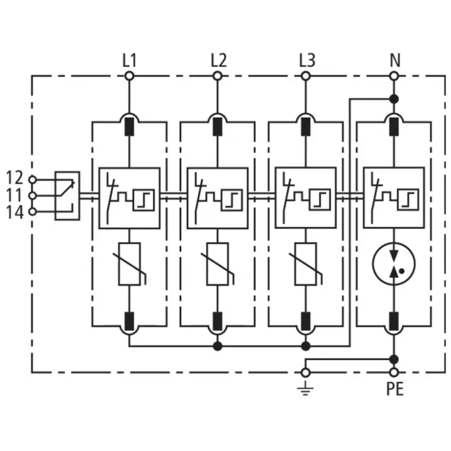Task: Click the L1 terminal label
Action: click(129, 60)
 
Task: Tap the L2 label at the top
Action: click(219, 60)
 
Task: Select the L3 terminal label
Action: click(307, 60)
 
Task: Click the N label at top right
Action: click(395, 60)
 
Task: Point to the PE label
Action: click(395, 389)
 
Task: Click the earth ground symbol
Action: click(306, 389)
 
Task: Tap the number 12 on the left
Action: click(14, 178)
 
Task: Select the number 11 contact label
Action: click(14, 195)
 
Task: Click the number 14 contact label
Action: click(14, 213)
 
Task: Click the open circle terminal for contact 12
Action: click(33, 180)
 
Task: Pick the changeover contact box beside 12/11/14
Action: click(67, 196)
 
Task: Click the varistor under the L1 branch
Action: click(129, 264)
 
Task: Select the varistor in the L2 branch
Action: click(218, 264)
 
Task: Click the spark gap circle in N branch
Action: click(394, 264)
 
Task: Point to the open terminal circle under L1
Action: click(129, 76)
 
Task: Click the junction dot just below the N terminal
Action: click(394, 99)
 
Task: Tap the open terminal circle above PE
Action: click(394, 372)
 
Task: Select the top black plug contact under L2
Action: click(218, 127)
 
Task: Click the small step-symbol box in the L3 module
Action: click(320, 200)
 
